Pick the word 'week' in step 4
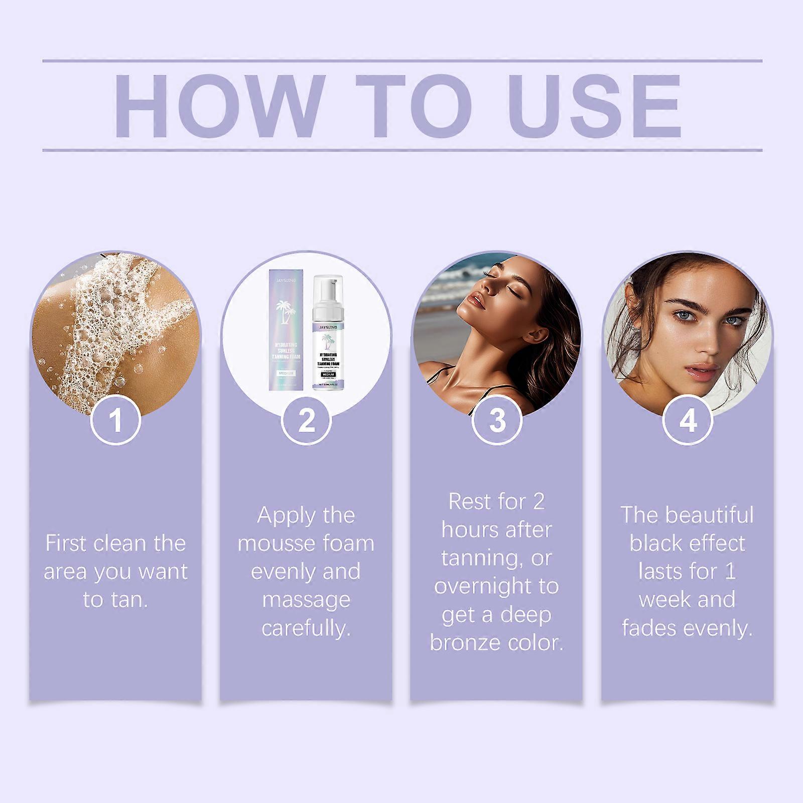click(x=661, y=599)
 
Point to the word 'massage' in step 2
click(x=306, y=600)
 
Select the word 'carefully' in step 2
click(x=305, y=628)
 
